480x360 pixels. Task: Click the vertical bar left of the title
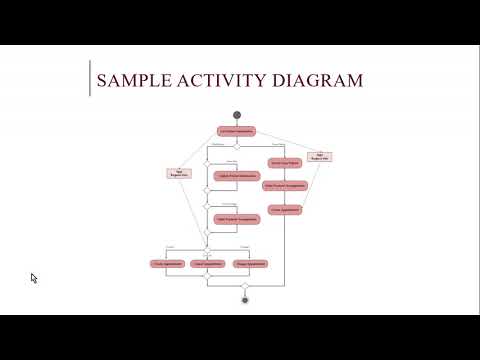click(91, 79)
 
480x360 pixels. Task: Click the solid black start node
click(237, 112)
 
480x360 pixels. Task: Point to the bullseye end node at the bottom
click(244, 299)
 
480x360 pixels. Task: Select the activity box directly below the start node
click(237, 130)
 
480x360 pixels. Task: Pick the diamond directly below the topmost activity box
click(237, 146)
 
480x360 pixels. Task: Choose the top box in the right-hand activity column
click(284, 162)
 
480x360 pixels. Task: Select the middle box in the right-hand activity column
click(284, 185)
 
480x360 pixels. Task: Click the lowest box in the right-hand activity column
click(284, 209)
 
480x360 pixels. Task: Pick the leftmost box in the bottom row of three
click(167, 263)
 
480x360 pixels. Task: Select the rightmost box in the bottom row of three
click(249, 263)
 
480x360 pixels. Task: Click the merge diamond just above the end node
click(244, 285)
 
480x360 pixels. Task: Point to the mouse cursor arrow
click(34, 278)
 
